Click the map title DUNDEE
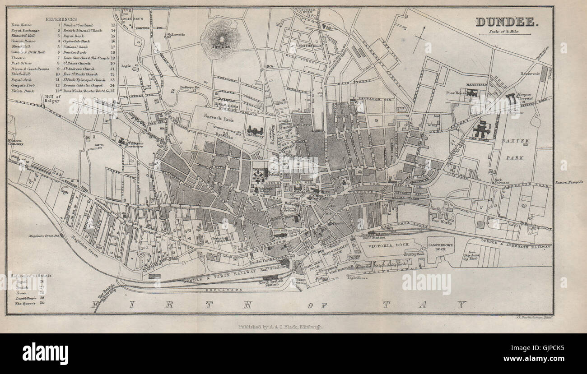[x=507, y=21]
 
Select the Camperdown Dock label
[x=441, y=245]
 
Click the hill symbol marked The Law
[x=221, y=39]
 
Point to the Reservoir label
[x=531, y=74]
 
